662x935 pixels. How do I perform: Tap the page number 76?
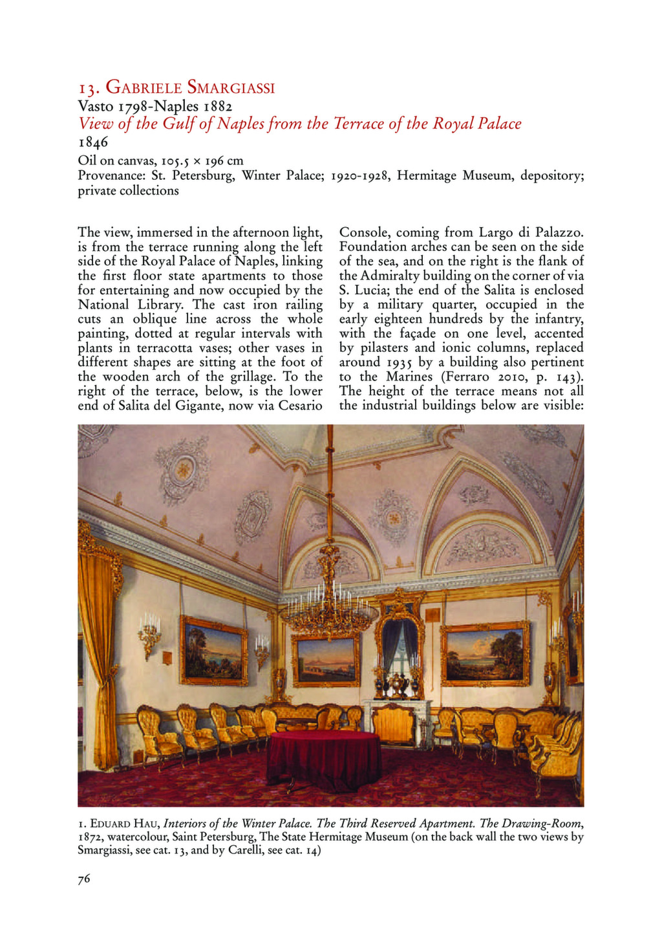coord(84,878)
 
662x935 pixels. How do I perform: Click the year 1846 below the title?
coord(93,142)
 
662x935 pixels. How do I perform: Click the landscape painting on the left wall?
coord(213,650)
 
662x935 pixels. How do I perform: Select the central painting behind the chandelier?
coord(326,660)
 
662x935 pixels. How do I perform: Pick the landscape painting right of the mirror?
coord(485,654)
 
